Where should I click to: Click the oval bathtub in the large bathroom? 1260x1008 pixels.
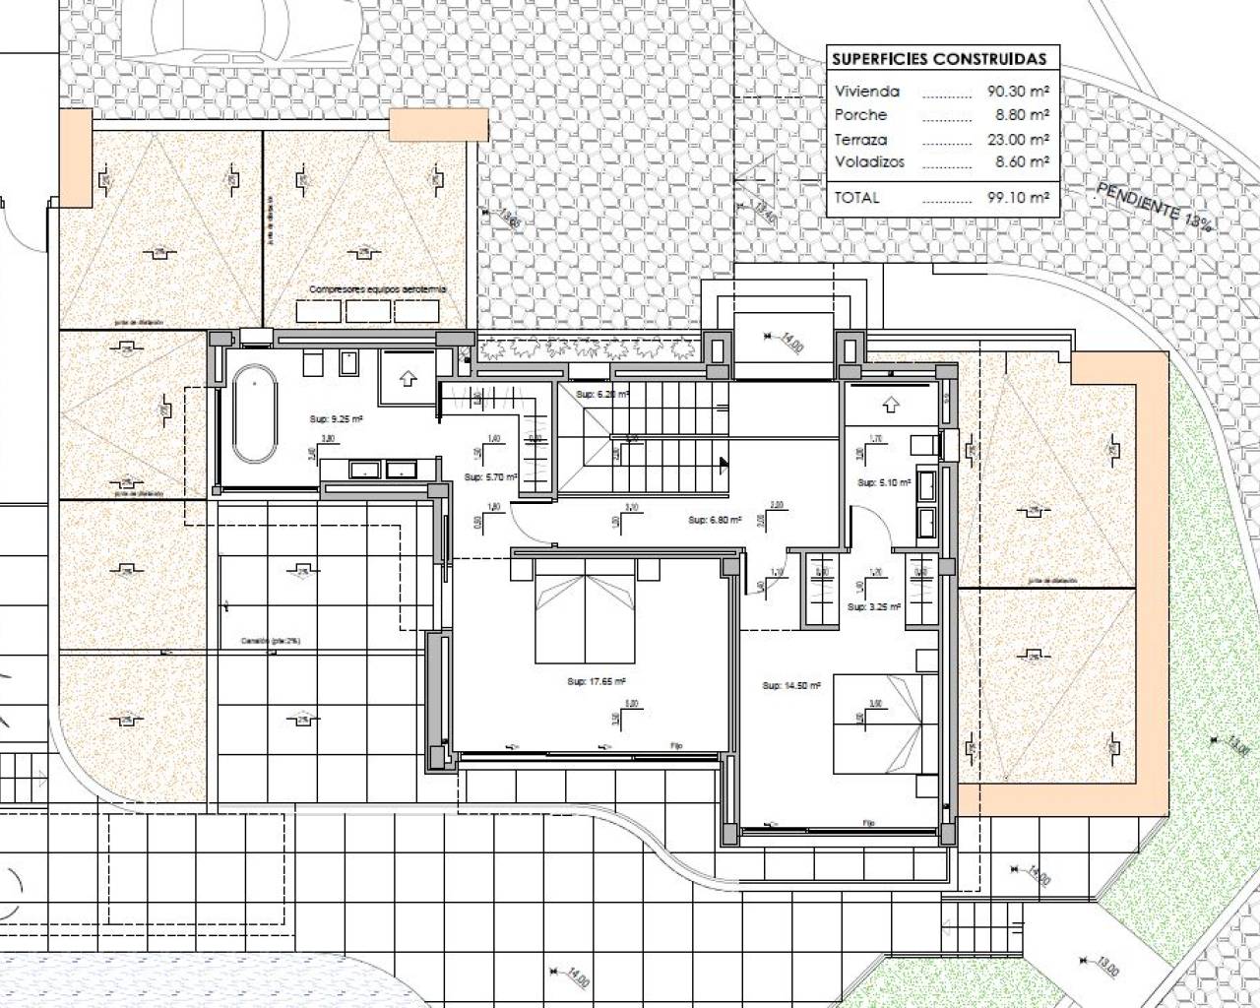coord(255,412)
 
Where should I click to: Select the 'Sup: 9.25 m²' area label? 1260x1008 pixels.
coord(337,418)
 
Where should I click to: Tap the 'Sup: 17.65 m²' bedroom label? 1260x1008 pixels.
coord(597,681)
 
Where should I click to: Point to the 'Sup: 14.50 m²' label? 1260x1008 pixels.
coord(791,685)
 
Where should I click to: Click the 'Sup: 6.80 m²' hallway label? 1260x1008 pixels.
coord(714,520)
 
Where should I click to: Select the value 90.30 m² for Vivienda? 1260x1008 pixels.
coord(1018,91)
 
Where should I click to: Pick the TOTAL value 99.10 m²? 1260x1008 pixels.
coord(1018,197)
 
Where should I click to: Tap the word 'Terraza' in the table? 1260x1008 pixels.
coord(860,139)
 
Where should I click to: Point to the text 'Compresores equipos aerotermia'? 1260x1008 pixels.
coord(378,289)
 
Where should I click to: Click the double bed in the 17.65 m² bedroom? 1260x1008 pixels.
coord(586,610)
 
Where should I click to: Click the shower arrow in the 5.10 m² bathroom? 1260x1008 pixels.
coord(891,404)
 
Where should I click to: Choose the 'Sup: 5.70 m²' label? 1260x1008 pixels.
coord(484,476)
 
